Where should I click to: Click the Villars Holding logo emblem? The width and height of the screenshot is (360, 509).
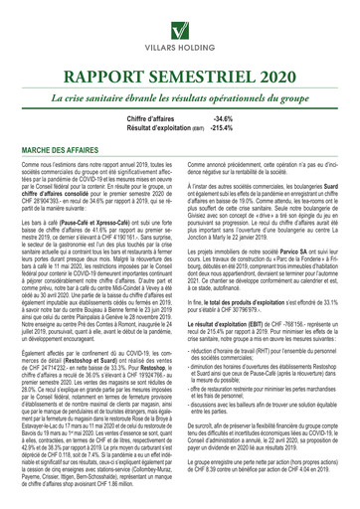point(179,22)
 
